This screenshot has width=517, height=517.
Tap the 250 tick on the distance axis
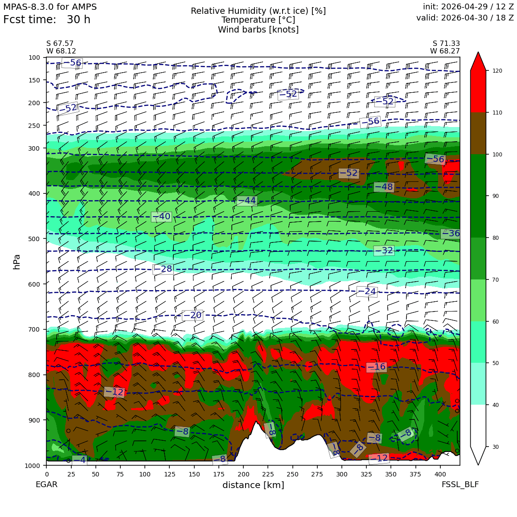pyautogui.click(x=292, y=474)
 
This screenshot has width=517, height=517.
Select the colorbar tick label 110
pyautogui.click(x=497, y=113)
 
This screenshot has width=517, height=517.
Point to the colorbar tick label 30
pyautogui.click(x=496, y=447)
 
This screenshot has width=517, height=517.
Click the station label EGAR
pyautogui.click(x=46, y=484)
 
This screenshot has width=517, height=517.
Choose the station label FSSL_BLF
pyautogui.click(x=460, y=484)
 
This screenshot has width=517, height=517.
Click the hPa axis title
pyautogui.click(x=16, y=262)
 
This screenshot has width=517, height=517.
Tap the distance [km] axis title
pyautogui.click(x=253, y=485)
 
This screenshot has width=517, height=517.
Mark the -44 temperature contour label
pyautogui.click(x=247, y=201)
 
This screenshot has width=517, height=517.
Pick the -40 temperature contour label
pyautogui.click(x=161, y=216)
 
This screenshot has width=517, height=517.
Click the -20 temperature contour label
pyautogui.click(x=193, y=315)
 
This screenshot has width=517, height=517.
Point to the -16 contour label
pyautogui.click(x=377, y=367)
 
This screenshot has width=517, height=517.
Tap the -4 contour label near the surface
pyautogui.click(x=79, y=460)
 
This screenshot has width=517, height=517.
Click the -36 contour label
pyautogui.click(x=451, y=234)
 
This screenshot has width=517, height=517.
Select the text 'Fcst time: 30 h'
pyautogui.click(x=46, y=20)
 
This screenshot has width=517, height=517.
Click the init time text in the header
pyautogui.click(x=468, y=7)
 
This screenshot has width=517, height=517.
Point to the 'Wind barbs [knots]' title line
pyautogui.click(x=258, y=30)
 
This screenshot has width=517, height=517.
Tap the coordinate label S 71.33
pyautogui.click(x=446, y=44)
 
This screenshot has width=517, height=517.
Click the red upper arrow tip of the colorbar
pyautogui.click(x=478, y=52)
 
